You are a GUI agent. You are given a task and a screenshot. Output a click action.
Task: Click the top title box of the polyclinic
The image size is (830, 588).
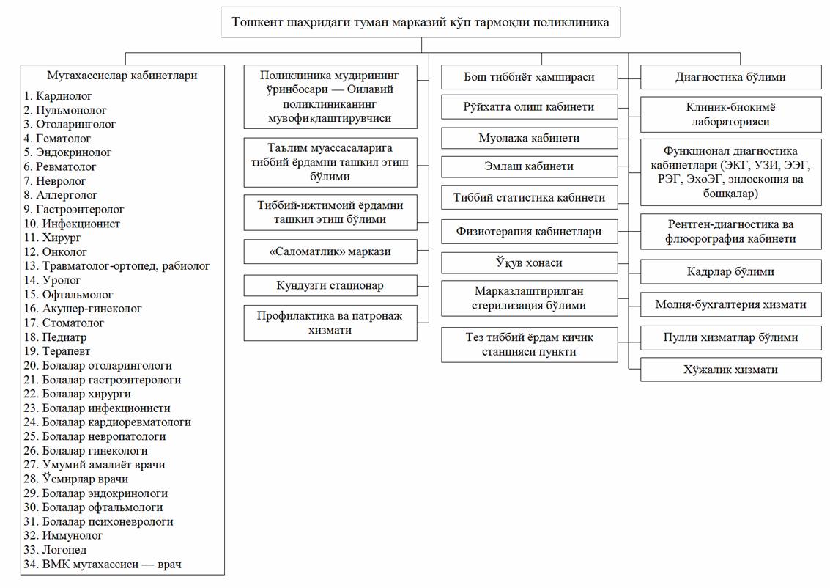[420, 22]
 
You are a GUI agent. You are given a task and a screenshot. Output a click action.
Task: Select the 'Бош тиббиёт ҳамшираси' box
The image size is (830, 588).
[530, 77]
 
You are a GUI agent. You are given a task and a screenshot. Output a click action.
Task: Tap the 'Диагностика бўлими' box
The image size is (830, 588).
[730, 77]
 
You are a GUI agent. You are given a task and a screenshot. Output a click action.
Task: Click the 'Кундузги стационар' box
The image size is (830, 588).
[330, 285]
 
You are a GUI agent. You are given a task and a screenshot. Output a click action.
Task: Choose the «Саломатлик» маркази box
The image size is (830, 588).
[330, 251]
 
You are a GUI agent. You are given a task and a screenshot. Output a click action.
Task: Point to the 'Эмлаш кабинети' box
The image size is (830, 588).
[530, 166]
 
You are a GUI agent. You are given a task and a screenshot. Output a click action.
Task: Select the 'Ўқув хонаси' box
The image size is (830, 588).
[530, 262]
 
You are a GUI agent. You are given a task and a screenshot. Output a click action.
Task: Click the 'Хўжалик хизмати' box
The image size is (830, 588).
[730, 370]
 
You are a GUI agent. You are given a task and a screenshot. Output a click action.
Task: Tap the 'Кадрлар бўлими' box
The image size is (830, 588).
[730, 272]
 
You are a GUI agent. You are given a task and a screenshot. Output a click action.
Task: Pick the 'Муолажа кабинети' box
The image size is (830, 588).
[530, 138]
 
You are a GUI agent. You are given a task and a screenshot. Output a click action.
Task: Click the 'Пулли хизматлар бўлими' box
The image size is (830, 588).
[730, 337]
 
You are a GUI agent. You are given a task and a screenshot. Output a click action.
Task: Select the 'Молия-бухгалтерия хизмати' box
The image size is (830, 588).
[730, 304]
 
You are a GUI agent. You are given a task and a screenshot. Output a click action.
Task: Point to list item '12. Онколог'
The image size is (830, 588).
[55, 252]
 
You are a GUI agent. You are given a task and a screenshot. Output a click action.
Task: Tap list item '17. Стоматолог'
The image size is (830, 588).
[64, 323]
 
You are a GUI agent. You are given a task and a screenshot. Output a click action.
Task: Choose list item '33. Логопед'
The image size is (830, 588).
[55, 550]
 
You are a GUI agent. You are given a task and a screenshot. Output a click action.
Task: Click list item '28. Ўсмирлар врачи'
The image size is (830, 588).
[75, 479]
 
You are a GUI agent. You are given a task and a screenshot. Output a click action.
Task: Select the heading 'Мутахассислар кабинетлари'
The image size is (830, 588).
[122, 76]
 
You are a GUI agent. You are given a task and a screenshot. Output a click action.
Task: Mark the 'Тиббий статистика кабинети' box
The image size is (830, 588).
[530, 198]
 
